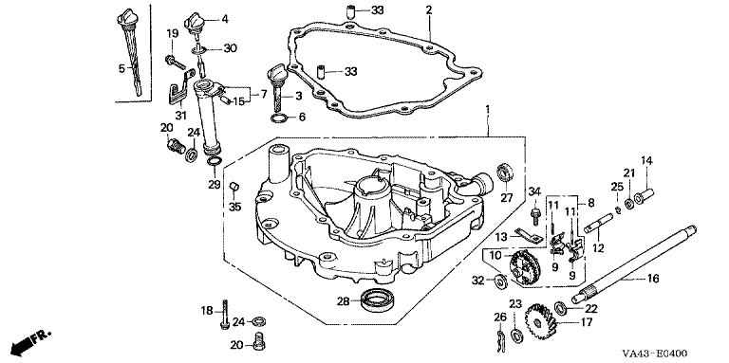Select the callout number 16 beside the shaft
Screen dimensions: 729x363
pyautogui.click(x=653, y=278)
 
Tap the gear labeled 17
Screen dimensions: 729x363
pyautogui.click(x=539, y=320)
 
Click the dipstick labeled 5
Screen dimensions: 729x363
pyautogui.click(x=128, y=51)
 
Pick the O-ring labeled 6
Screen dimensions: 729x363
pyautogui.click(x=279, y=118)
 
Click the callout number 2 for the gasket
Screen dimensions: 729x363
pyautogui.click(x=429, y=9)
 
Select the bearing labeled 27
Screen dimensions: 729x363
pyautogui.click(x=504, y=173)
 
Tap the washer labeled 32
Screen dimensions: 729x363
pyautogui.click(x=501, y=281)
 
